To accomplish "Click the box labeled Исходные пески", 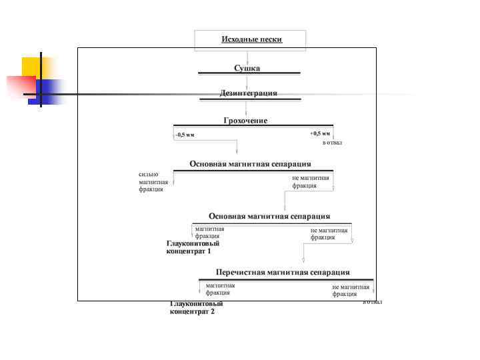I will click(x=251, y=39).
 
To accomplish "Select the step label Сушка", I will click(x=247, y=68).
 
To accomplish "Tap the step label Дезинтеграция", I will click(x=248, y=93).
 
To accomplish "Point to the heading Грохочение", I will click(x=245, y=120).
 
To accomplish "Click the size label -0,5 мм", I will click(x=185, y=135).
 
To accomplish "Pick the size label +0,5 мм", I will click(x=319, y=133).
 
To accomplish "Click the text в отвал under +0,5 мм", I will click(x=331, y=143).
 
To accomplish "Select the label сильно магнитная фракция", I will click(x=150, y=181).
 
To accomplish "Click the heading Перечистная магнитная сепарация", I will click(x=283, y=272).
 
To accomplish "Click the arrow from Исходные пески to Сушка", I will click(x=247, y=57).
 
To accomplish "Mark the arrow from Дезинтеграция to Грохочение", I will click(x=247, y=107).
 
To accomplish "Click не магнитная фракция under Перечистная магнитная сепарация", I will click(x=351, y=290).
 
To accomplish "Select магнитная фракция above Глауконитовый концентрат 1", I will click(x=209, y=232).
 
